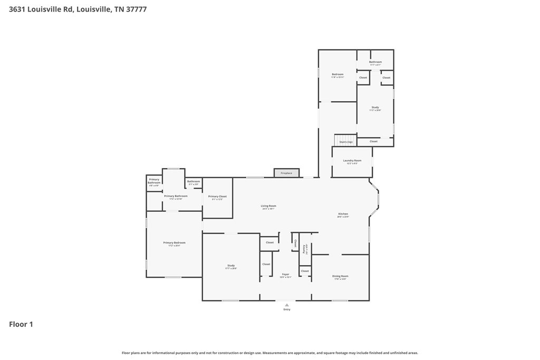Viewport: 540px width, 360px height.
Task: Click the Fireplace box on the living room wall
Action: [x=286, y=173]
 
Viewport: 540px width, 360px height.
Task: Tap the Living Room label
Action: [x=268, y=206]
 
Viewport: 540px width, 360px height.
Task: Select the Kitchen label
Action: [x=343, y=214]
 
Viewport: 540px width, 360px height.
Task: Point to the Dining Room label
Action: [x=340, y=276]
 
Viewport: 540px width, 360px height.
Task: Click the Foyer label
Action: [x=285, y=274]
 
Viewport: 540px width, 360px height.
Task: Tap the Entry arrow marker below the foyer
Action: [x=286, y=305]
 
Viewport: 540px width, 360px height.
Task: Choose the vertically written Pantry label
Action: [x=305, y=249]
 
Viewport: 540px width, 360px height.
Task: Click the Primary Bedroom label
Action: [x=174, y=243]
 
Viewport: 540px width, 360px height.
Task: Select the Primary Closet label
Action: [x=217, y=197]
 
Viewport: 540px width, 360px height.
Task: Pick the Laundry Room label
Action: [x=352, y=160]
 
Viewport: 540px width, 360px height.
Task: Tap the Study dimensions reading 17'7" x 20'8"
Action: [x=231, y=269]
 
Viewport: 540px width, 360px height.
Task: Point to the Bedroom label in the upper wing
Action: [x=337, y=74]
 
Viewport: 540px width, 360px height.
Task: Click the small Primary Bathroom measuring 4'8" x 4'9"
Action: [x=154, y=183]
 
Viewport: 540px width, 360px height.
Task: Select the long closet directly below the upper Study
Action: [x=373, y=141]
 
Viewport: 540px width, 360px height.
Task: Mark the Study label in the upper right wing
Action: [x=375, y=108]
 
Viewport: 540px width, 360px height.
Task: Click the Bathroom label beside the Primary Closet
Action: [x=194, y=181]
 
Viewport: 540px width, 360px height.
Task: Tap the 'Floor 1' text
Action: [x=21, y=325]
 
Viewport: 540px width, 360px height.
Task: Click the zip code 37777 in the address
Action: [x=136, y=9]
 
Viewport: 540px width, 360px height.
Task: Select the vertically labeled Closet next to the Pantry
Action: [x=295, y=244]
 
